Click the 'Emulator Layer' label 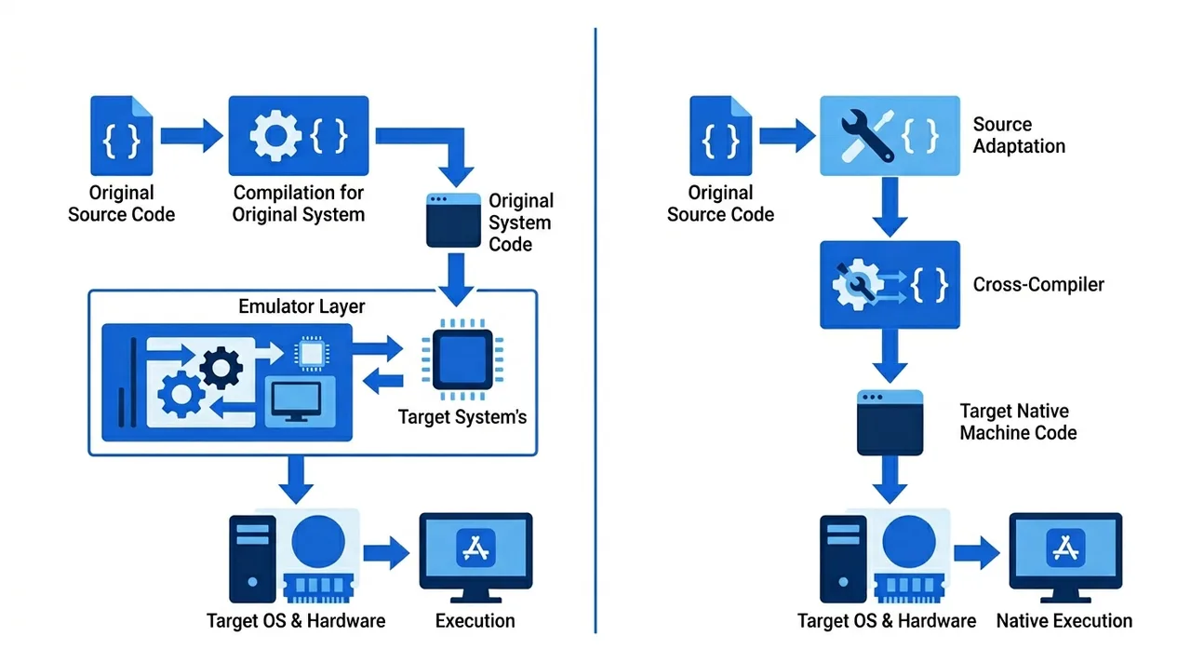click(x=301, y=306)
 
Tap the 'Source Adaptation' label click(x=1019, y=135)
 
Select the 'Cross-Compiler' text click(x=1038, y=285)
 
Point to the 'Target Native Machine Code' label click(x=1018, y=422)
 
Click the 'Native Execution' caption click(x=1064, y=621)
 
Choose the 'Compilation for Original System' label click(x=299, y=204)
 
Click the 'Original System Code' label click(x=521, y=223)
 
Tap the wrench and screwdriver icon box click(x=890, y=136)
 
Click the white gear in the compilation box click(x=275, y=135)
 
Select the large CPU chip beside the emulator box click(x=462, y=359)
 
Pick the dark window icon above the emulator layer click(x=453, y=220)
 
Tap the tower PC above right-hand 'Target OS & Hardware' click(x=843, y=559)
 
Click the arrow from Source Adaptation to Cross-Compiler click(x=890, y=207)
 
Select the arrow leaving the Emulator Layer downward click(x=296, y=480)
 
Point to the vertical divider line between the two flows click(x=595, y=331)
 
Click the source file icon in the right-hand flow click(x=720, y=136)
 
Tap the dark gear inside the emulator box click(x=221, y=368)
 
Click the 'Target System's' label click(x=462, y=417)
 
